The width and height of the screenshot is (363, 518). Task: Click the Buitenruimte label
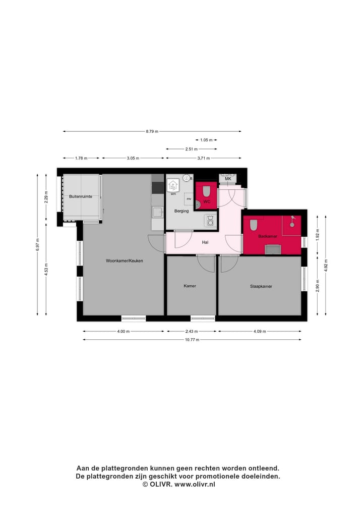tap(81, 196)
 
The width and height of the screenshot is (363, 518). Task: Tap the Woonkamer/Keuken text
tap(125, 261)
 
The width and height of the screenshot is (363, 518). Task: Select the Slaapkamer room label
tap(261, 286)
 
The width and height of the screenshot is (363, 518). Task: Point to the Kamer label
tap(190, 286)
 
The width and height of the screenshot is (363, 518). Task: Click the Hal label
tap(205, 242)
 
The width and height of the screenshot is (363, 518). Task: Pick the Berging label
tap(181, 211)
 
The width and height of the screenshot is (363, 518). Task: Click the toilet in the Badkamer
tap(254, 225)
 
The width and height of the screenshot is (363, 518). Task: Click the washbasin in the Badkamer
tap(273, 249)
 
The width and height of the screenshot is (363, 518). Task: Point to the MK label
tap(228, 179)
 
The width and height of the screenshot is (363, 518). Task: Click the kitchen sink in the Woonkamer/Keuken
tap(158, 212)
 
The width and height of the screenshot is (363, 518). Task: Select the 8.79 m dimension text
tap(152, 131)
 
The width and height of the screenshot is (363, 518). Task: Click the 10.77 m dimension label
tap(192, 340)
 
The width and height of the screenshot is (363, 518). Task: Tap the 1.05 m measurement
tap(206, 140)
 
